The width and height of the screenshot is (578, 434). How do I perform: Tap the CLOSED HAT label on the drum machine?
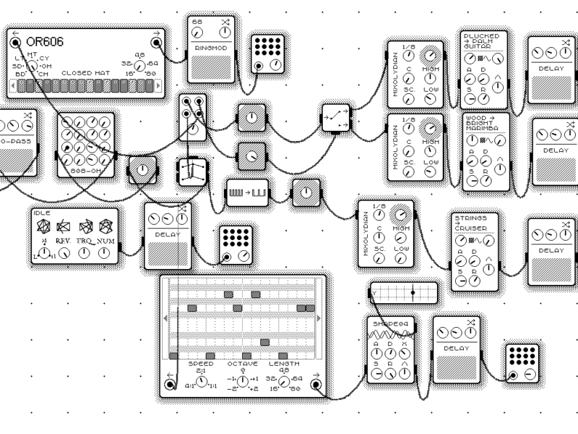pyautogui.click(x=88, y=73)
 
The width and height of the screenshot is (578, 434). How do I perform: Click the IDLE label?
pyautogui.click(x=42, y=213)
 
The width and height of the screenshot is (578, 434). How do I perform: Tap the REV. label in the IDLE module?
pyautogui.click(x=64, y=242)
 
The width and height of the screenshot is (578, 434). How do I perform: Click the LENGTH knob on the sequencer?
pyautogui.click(x=283, y=380)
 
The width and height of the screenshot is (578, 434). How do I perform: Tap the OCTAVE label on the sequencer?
pyautogui.click(x=242, y=364)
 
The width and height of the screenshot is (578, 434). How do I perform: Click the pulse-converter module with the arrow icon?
pyautogui.click(x=247, y=192)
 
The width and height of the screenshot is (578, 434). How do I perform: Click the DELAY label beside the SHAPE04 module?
pyautogui.click(x=456, y=349)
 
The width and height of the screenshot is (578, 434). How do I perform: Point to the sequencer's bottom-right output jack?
pyautogui.click(x=316, y=384)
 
